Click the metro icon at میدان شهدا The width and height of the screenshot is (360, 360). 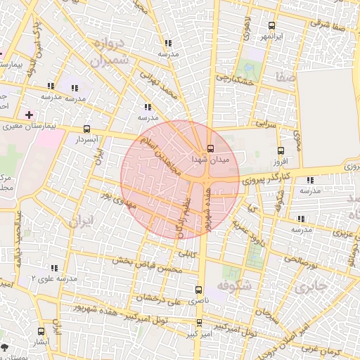pos(210,148)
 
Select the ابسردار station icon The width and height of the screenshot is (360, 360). pos(86,129)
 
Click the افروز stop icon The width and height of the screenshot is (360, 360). pos(281,150)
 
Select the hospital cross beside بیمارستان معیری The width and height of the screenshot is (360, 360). pos(28,114)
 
